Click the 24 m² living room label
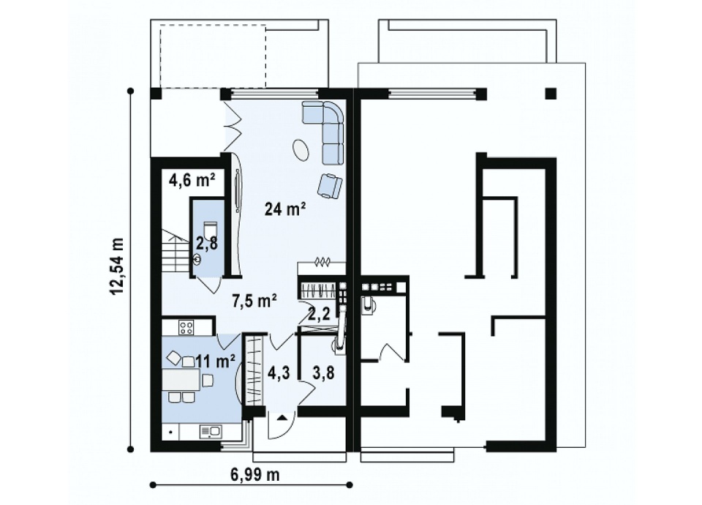[285, 209]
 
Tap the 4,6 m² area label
[192, 180]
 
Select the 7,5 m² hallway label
[254, 300]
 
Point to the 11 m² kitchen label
[215, 361]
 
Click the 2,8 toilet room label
[206, 243]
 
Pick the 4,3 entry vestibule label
[279, 373]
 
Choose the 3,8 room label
[323, 373]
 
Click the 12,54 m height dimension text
[118, 266]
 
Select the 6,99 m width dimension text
[255, 474]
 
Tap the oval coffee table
[301, 149]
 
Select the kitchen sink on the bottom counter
[210, 432]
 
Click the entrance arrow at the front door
[282, 418]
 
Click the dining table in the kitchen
[181, 380]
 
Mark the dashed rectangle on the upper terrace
[213, 56]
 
